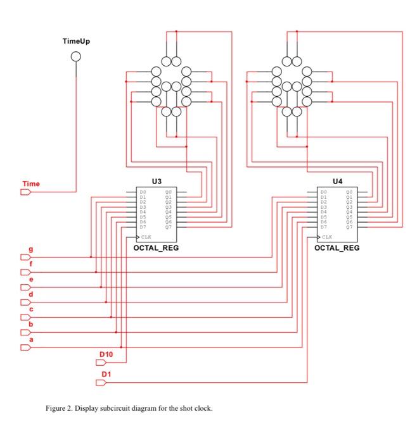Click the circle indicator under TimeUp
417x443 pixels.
[x=76, y=57]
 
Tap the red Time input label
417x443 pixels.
[x=31, y=184]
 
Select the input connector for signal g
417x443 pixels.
[x=25, y=257]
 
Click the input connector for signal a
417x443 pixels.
[x=25, y=347]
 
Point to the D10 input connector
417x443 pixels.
[x=101, y=363]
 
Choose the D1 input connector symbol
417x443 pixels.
[x=101, y=382]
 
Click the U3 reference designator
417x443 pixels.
[x=157, y=181]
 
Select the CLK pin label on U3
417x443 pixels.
[x=145, y=237]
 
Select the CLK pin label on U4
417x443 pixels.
[x=326, y=237]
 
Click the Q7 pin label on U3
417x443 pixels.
[x=168, y=227]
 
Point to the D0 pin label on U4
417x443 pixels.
[x=323, y=191]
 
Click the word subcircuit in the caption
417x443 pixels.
[x=110, y=408]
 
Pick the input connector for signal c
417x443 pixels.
[x=25, y=317]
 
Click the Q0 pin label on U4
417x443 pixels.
[x=349, y=191]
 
